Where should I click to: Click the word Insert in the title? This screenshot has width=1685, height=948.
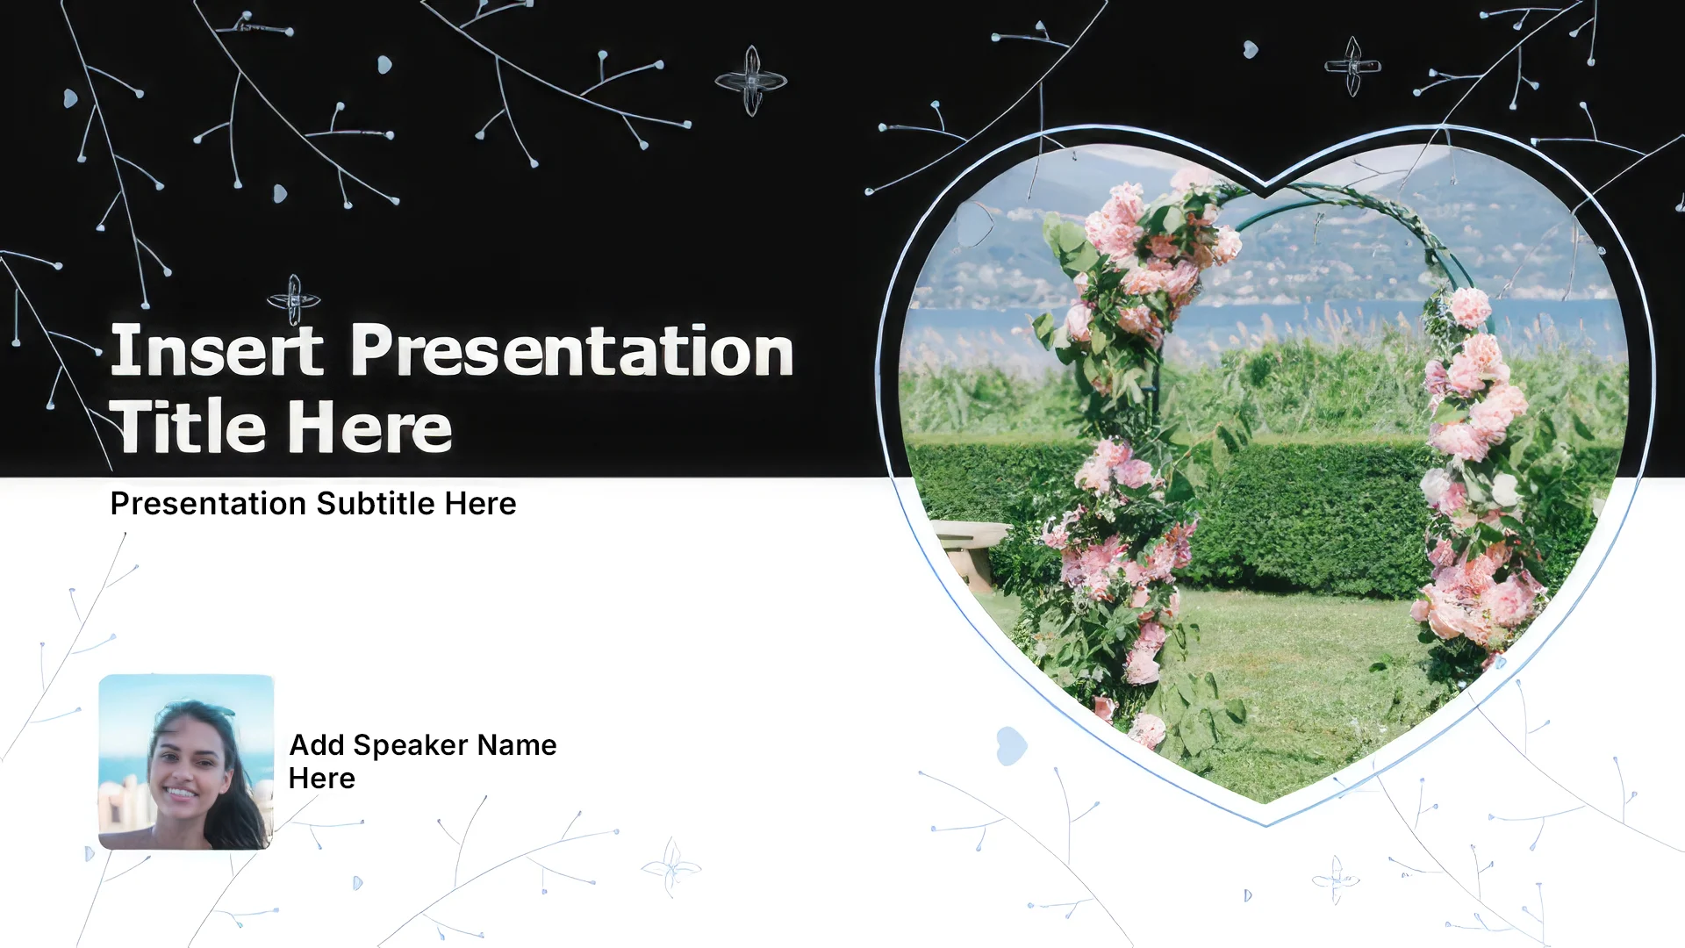click(x=217, y=350)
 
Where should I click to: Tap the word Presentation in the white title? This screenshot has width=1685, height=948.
click(x=572, y=350)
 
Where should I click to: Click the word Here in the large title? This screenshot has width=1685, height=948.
click(x=370, y=427)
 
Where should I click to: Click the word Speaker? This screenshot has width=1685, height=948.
click(x=410, y=744)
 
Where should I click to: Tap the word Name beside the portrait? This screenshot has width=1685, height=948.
click(x=517, y=744)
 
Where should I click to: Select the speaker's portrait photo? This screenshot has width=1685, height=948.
click(x=186, y=762)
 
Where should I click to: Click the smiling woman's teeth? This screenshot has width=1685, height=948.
click(x=181, y=793)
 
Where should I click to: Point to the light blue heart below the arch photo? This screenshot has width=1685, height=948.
click(x=1011, y=745)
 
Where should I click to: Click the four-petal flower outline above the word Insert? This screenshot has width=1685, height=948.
click(x=294, y=300)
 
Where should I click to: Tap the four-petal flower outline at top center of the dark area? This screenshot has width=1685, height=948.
click(x=751, y=81)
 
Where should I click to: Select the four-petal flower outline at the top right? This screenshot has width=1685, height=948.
click(x=1352, y=66)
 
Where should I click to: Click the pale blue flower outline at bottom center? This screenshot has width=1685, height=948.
click(x=671, y=868)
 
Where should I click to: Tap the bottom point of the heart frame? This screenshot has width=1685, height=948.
click(x=1266, y=823)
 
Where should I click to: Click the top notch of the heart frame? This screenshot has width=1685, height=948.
click(x=1265, y=182)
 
